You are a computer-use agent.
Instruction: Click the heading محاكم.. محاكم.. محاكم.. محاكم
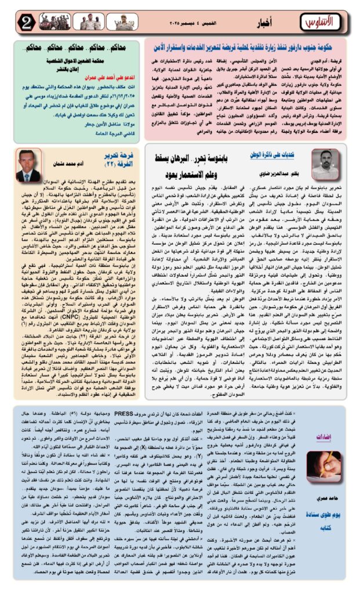[x=78, y=46]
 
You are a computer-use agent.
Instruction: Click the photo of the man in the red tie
[x=28, y=165]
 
